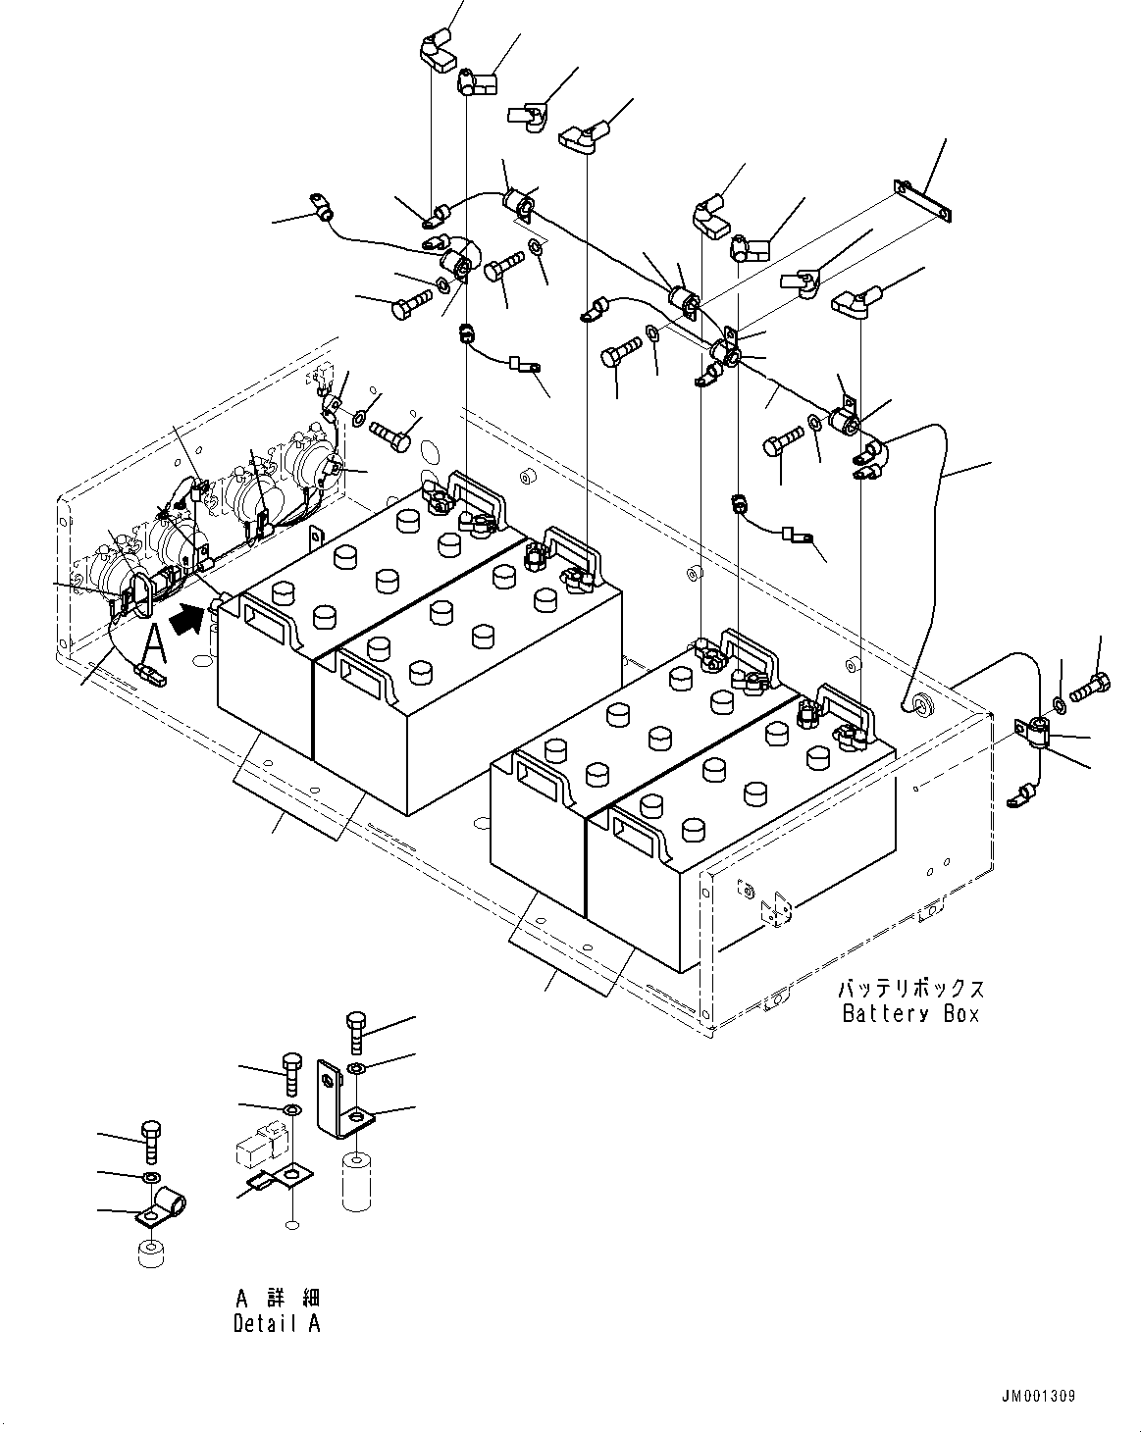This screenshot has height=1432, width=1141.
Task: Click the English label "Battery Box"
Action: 910,1014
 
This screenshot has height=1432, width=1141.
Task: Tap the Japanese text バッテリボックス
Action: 910,989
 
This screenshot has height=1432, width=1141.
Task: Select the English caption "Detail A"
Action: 276,1323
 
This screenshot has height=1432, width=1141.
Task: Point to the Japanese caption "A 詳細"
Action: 276,1298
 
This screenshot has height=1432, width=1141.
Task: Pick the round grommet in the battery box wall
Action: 921,704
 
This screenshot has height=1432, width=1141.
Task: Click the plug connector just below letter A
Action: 151,674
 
